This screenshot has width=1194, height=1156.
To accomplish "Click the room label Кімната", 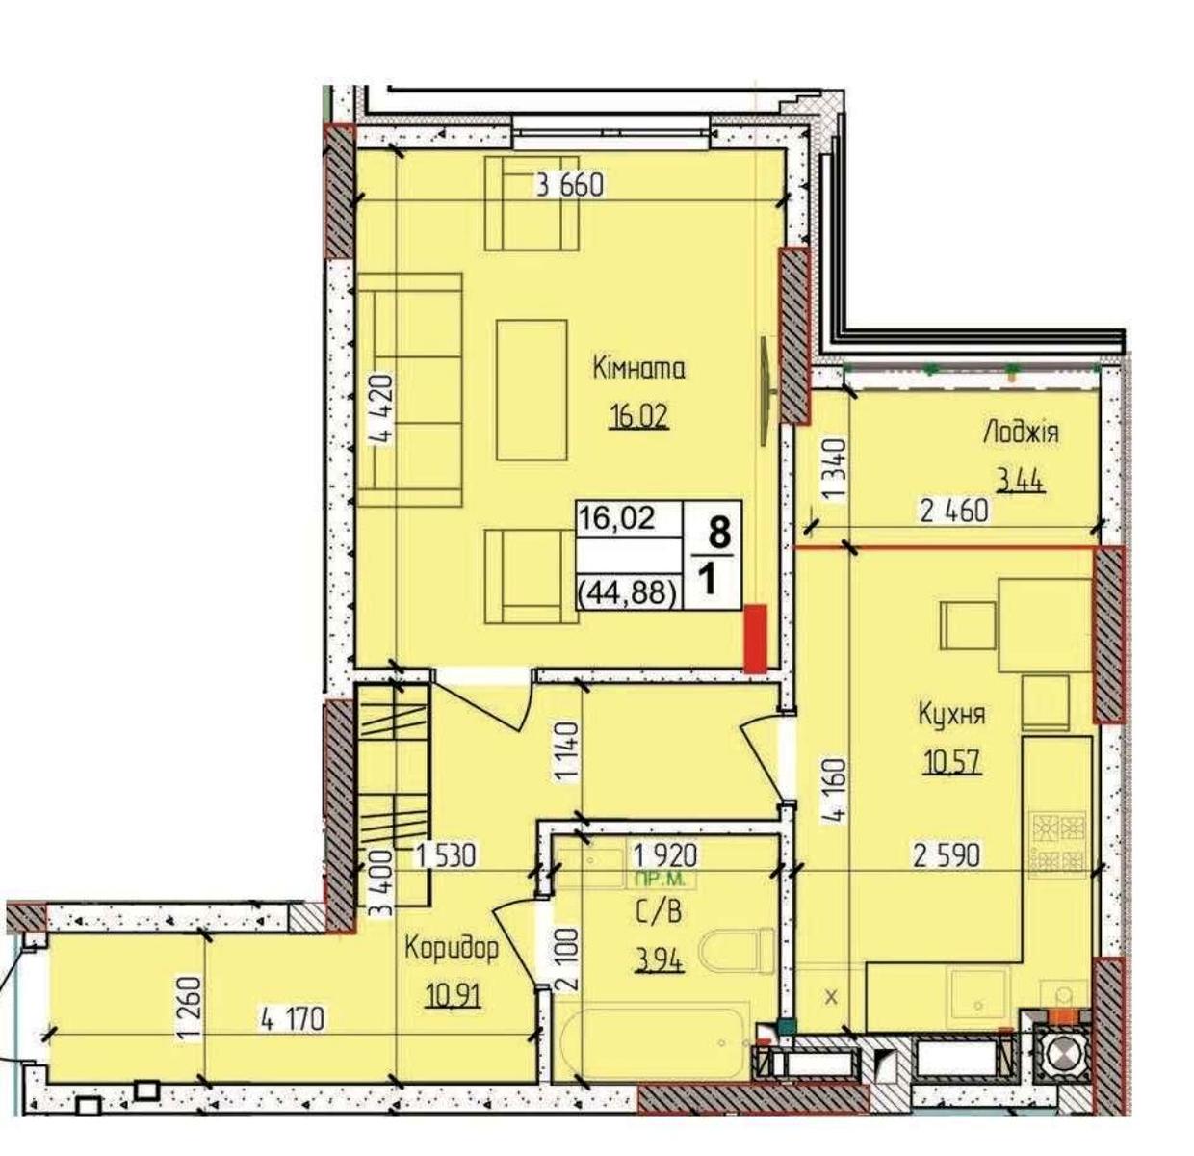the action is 638,370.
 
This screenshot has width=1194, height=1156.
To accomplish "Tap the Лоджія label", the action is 1021,433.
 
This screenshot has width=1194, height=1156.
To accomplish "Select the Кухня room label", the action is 951,715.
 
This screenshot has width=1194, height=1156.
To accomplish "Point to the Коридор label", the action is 451,951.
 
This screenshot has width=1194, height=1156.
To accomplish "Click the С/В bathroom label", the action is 658,913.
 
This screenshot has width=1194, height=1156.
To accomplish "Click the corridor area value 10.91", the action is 453,998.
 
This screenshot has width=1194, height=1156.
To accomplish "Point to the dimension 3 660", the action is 570,185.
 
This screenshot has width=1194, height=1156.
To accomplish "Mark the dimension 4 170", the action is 292,1021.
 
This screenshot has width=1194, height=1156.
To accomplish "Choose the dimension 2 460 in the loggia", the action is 954,511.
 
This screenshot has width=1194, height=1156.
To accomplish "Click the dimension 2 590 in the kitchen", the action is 947,855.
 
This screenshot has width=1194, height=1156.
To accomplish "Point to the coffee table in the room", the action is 532,390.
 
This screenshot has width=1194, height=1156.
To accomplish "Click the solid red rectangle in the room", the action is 755,639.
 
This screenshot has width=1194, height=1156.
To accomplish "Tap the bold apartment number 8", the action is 719,533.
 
